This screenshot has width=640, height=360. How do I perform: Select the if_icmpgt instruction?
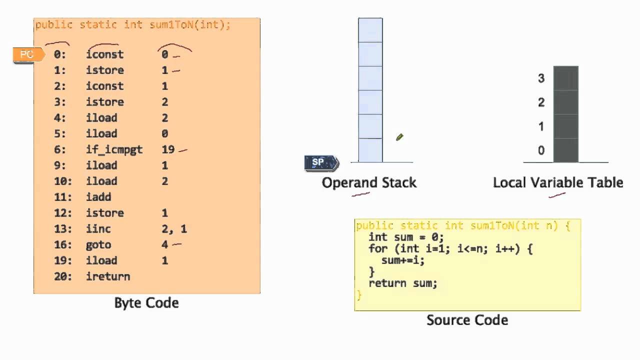pos(114,149)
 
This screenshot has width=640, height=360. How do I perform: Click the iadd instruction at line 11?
pos(98,197)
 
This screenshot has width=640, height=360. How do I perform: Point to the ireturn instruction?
pos(108,276)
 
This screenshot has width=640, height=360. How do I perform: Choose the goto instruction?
pos(98,244)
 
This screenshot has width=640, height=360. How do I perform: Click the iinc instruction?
pos(98,229)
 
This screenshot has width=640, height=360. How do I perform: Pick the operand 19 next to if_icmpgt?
pos(168,149)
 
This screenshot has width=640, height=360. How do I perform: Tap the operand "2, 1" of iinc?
pos(174,229)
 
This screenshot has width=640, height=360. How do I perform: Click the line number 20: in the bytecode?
pos(63,276)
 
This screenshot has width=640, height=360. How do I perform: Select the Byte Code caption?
pos(146,303)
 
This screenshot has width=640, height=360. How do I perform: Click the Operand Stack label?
pos(369,182)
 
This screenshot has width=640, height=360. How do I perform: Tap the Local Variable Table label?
pos(558,182)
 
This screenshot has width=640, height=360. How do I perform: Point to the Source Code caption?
pos(467,320)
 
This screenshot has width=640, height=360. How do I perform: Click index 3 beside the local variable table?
pos(541,78)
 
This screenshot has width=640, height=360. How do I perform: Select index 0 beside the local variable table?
pos(541,150)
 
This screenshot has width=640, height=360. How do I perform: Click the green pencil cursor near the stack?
pos(399,137)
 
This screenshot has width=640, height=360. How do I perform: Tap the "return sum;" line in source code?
pos(402,283)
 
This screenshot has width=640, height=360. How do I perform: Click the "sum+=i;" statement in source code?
pos(402,260)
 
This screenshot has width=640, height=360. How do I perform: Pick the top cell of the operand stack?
pos(370,30)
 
